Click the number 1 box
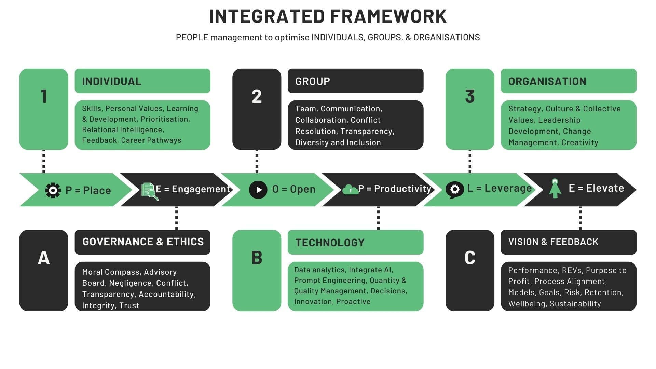44,109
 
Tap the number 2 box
257,109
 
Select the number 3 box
470,109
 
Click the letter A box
44,270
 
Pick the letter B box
257,270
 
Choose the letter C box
470,270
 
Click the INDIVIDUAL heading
112,81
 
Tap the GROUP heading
313,81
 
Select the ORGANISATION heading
547,81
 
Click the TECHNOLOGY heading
330,243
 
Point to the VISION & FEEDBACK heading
553,242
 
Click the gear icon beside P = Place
53,190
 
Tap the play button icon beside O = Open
258,190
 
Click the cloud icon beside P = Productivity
350,189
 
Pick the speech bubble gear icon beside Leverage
455,190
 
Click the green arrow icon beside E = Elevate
555,188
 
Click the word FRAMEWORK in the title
388,16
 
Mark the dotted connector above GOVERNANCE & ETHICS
177,218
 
